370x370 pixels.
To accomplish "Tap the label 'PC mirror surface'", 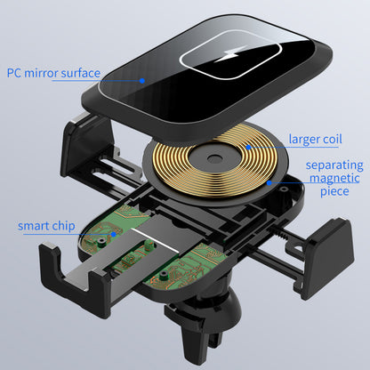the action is tap(53, 73).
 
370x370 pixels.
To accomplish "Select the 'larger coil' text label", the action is tap(315, 139).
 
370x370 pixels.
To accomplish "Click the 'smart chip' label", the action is tap(46, 226).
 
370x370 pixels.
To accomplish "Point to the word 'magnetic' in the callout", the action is tap(334, 178).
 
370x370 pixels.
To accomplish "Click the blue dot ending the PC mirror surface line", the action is tap(142, 81).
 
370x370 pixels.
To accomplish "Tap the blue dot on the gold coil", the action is tap(248, 147).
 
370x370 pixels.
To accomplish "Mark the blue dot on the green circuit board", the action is tap(113, 234).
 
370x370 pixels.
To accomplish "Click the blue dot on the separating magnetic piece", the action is tap(269, 183).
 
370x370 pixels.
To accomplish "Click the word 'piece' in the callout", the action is tap(334, 191).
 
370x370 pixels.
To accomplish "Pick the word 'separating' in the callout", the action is tap(334, 165).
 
